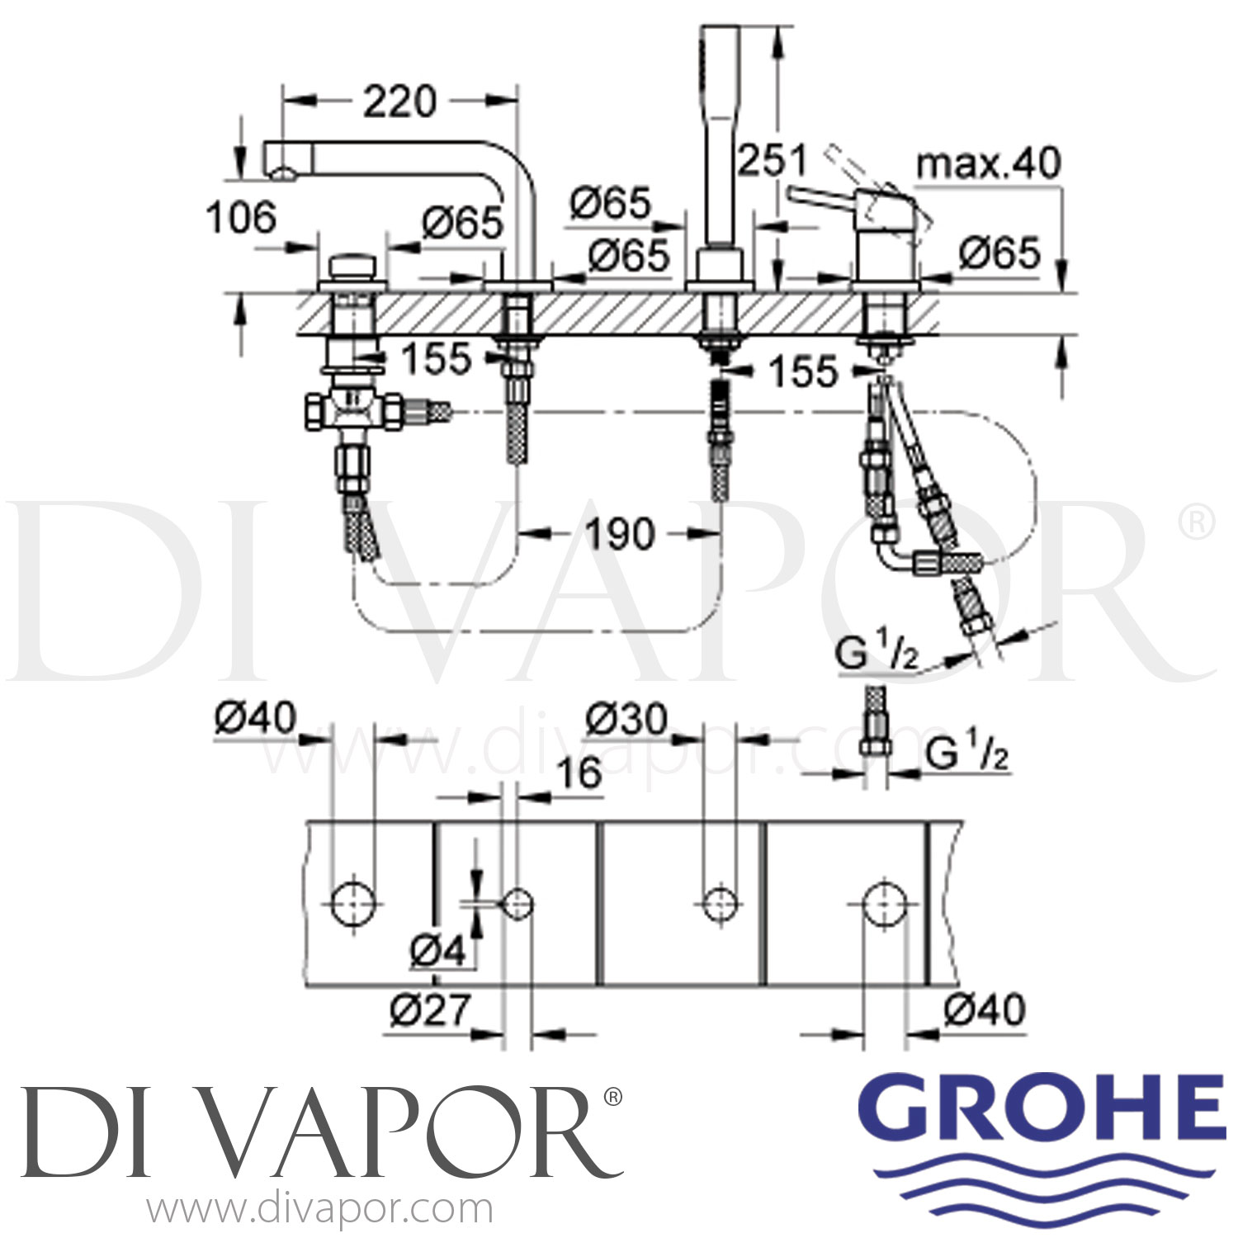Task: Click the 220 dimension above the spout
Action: (399, 102)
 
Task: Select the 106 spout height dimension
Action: (241, 219)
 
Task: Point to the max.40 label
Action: (988, 164)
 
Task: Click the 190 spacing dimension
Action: (620, 534)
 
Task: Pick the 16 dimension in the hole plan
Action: (579, 773)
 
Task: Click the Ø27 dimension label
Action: (430, 1009)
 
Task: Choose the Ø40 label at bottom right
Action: (984, 1009)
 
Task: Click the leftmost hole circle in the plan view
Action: (352, 904)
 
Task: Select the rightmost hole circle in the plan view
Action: (884, 904)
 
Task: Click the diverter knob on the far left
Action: (353, 268)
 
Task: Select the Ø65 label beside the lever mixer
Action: (999, 253)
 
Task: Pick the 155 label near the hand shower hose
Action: (802, 371)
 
